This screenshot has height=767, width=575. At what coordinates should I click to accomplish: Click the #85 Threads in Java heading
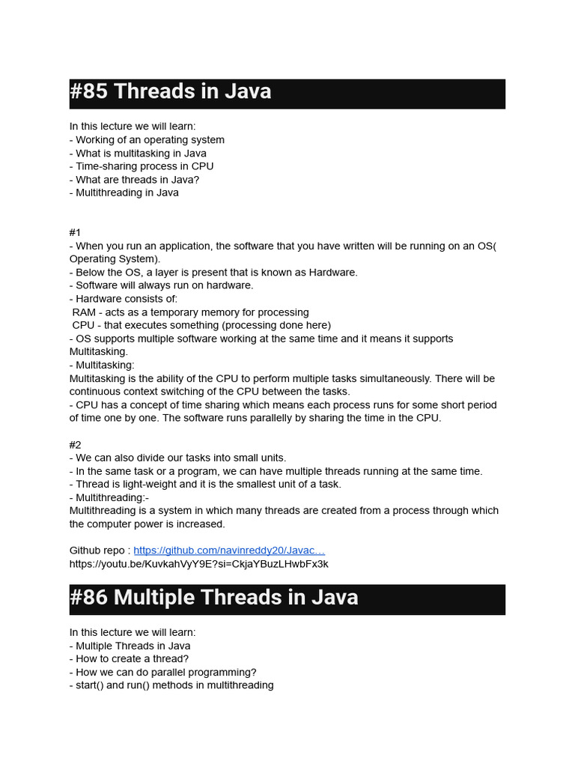tap(171, 93)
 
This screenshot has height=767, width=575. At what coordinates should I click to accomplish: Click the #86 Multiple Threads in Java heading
tap(214, 598)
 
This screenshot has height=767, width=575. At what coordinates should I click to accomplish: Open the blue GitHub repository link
tap(229, 551)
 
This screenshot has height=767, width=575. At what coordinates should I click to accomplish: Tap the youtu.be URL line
tap(198, 563)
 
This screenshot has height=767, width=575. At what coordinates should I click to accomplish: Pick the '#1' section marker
tap(76, 233)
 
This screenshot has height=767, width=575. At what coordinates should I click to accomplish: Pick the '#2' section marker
tap(76, 445)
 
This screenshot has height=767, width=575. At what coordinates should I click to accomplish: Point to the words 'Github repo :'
tap(100, 551)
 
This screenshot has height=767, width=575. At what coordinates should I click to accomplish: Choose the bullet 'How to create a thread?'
tap(129, 659)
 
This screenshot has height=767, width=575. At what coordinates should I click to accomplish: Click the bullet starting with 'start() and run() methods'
tap(171, 685)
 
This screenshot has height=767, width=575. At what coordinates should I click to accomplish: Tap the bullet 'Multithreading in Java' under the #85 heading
tap(124, 193)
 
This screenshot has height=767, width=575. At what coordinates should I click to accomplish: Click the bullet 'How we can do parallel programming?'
tap(163, 673)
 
